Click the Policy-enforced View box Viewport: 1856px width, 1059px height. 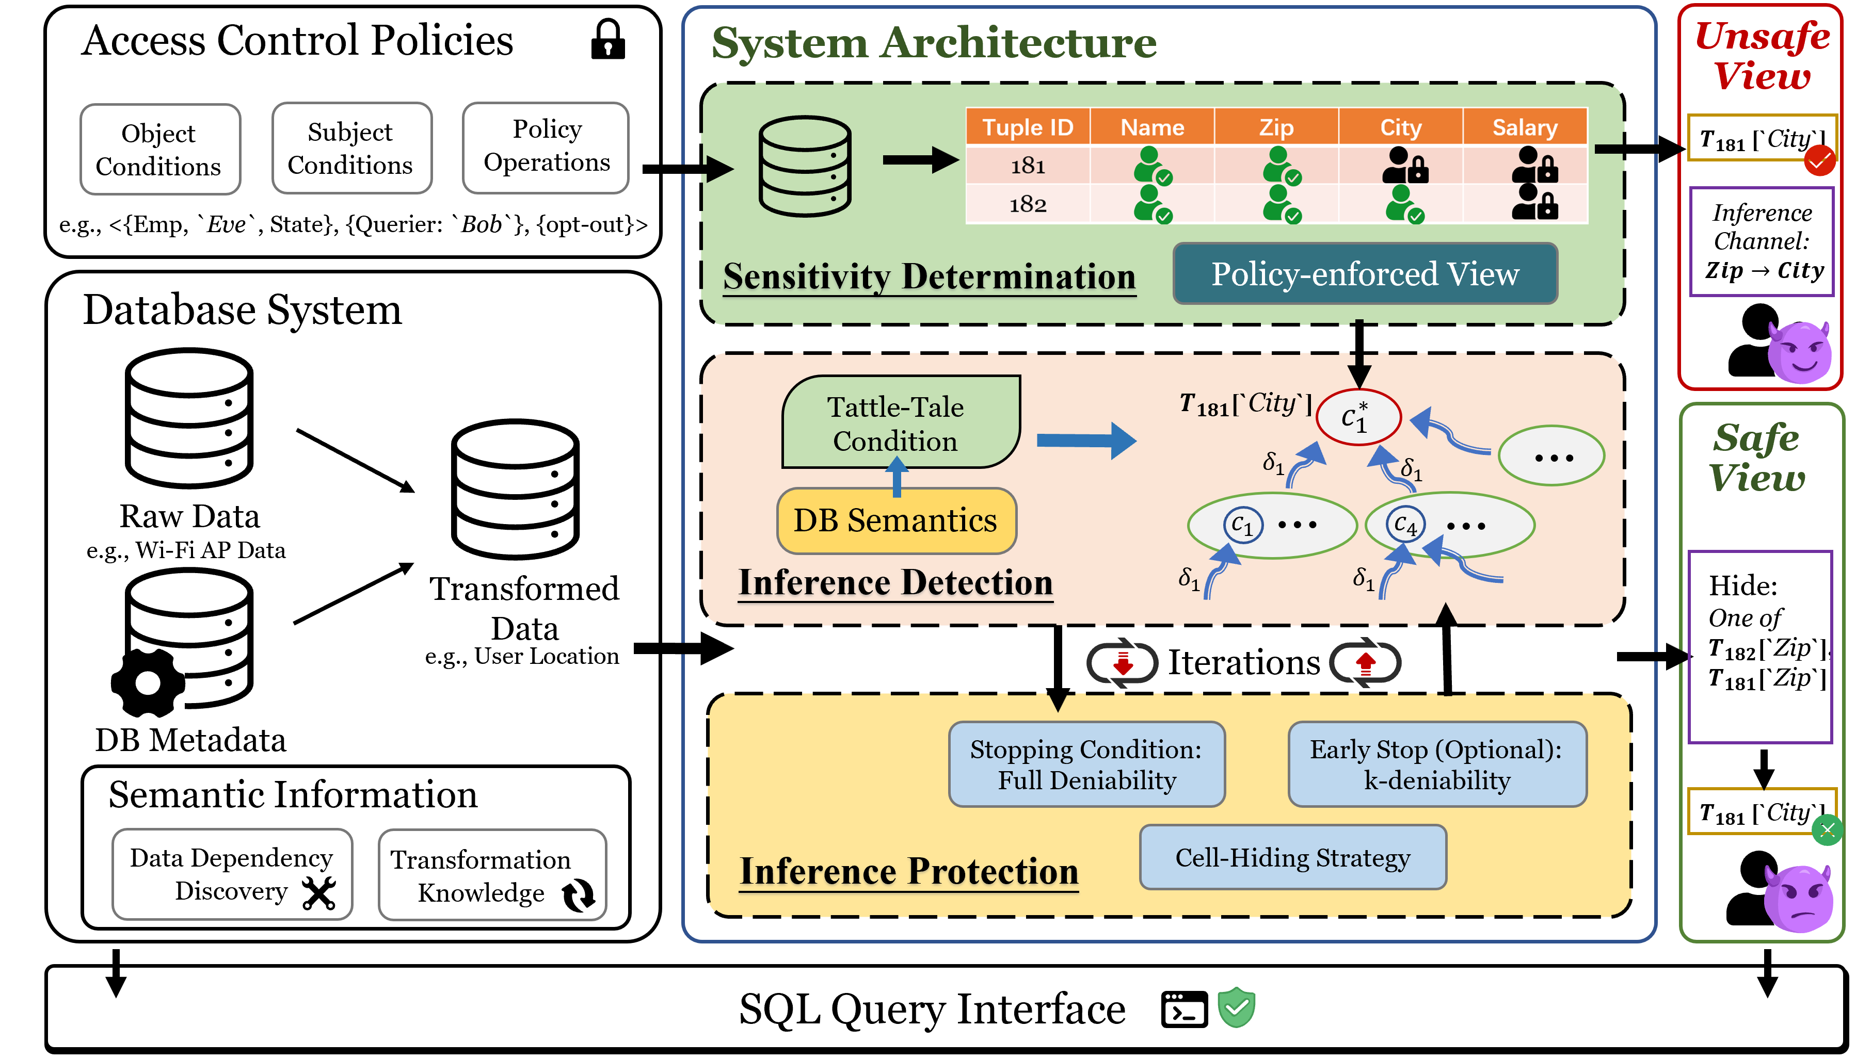point(1365,274)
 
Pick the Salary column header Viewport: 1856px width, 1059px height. point(1525,127)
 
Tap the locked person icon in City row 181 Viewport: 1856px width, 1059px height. point(1405,166)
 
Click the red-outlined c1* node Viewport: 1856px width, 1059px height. point(1358,417)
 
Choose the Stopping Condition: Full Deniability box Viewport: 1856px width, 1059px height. point(1086,764)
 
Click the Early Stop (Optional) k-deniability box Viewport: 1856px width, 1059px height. point(1437,764)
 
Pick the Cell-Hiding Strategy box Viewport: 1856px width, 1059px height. point(1293,857)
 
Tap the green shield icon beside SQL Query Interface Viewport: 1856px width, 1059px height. point(1237,1007)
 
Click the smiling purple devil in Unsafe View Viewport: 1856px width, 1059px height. point(1799,353)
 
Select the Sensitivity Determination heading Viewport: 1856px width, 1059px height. point(929,277)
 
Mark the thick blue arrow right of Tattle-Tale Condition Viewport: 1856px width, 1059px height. point(1085,440)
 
